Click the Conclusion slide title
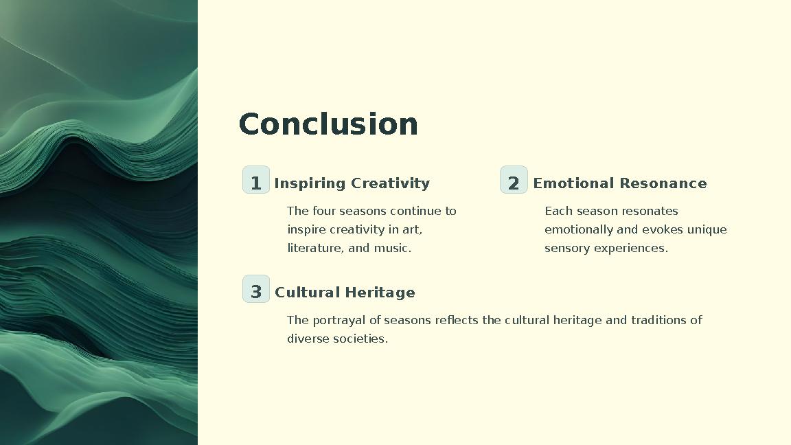[328, 125]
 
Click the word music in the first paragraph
[391, 248]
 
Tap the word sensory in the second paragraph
[567, 248]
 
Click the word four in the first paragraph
[324, 211]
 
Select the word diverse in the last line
[308, 339]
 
